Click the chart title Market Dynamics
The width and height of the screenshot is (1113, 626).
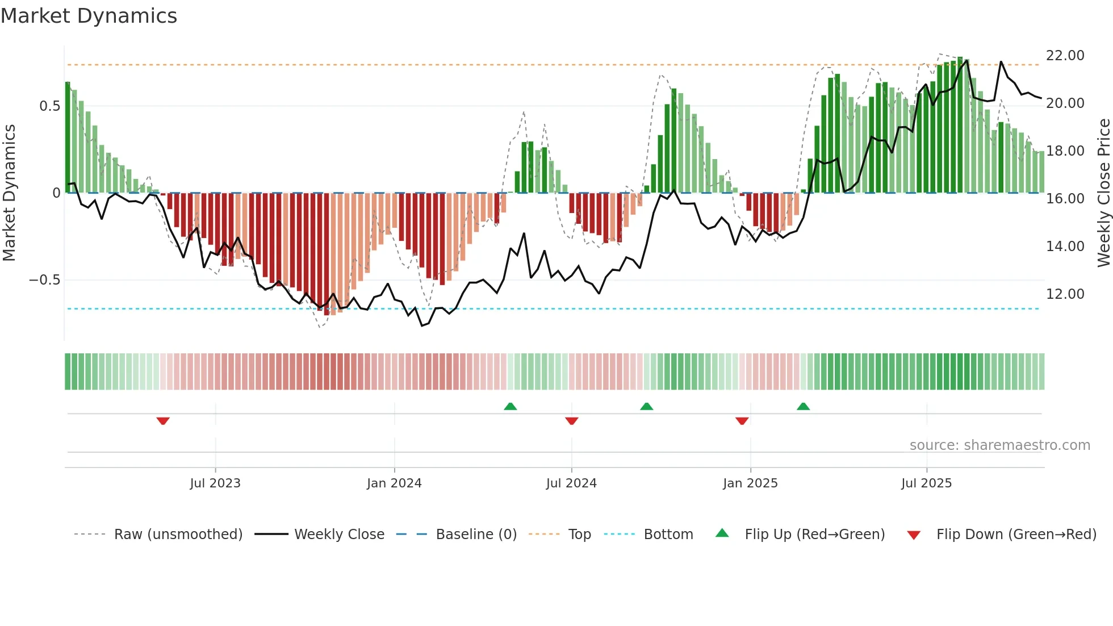tap(89, 16)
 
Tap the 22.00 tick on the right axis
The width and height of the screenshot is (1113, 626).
tap(1065, 56)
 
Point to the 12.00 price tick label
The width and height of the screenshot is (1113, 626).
tap(1065, 294)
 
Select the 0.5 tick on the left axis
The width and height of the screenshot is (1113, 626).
tap(49, 106)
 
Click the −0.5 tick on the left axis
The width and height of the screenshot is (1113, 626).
tap(44, 280)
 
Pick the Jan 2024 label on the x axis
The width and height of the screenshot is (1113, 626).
tap(394, 483)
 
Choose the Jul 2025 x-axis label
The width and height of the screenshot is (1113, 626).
tap(926, 483)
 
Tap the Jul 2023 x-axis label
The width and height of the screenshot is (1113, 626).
tap(215, 483)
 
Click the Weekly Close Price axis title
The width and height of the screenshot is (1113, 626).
tap(1103, 193)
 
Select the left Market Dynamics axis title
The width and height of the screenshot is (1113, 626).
tap(9, 193)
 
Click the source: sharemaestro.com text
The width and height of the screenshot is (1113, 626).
tap(999, 445)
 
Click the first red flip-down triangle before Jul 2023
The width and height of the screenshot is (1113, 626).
tap(163, 421)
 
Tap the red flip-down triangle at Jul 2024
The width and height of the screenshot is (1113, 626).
tap(572, 421)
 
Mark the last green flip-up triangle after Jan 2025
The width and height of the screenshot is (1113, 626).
tap(803, 406)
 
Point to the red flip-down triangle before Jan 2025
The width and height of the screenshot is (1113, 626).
tap(742, 421)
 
